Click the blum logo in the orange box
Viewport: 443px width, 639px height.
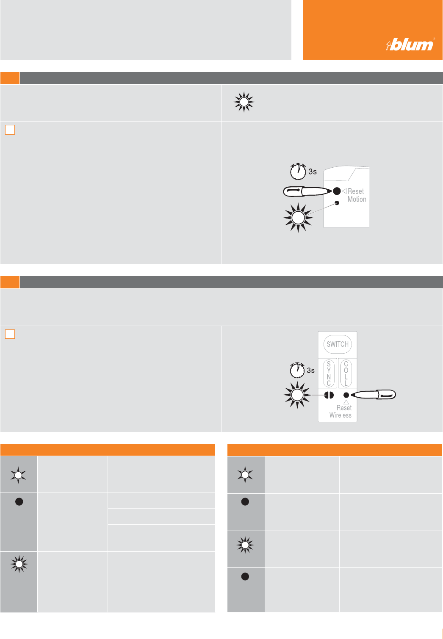coord(410,44)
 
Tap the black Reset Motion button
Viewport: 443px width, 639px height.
coord(337,191)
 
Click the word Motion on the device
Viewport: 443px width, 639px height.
coord(357,199)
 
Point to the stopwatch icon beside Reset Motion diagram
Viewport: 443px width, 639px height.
coord(298,171)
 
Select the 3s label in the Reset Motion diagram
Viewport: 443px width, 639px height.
coord(313,172)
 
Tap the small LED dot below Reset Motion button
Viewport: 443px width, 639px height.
coord(337,203)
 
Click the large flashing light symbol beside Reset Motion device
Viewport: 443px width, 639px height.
coord(298,218)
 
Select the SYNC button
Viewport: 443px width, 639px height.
coord(329,373)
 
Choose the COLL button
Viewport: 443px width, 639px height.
coord(346,373)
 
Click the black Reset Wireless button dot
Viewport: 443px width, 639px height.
coord(346,395)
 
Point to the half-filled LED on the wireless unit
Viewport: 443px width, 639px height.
coord(329,395)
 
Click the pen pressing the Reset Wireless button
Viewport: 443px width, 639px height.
coord(374,395)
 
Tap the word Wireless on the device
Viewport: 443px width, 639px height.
coord(341,415)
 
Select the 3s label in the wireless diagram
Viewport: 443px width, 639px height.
coord(310,370)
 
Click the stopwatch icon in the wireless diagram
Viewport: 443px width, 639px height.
coord(297,370)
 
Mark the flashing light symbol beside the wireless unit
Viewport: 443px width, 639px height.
coord(297,395)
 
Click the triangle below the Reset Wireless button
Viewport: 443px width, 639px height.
coord(346,402)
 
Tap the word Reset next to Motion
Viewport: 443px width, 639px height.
coord(355,191)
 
